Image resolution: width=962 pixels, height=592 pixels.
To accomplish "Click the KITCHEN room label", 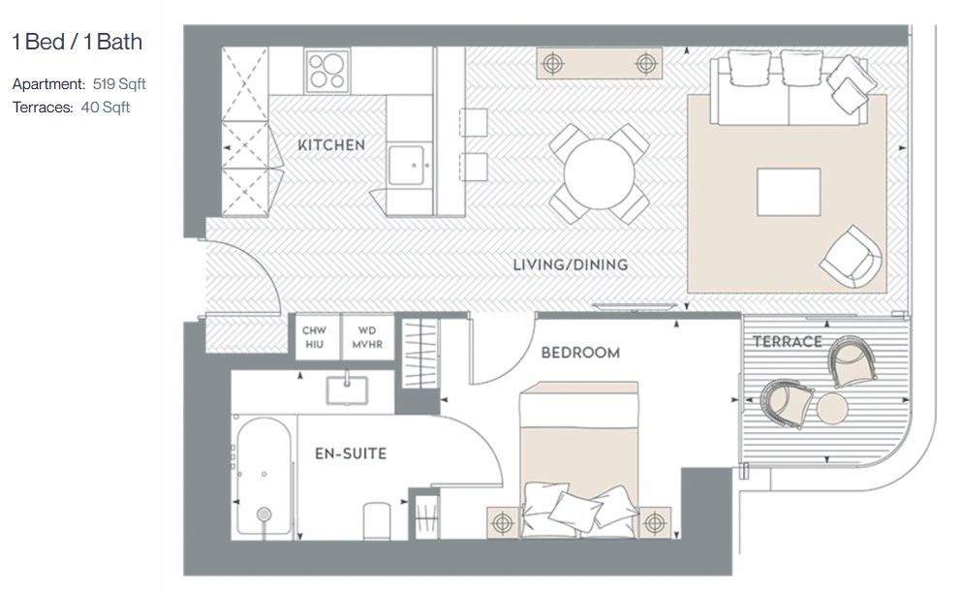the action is point(331,145).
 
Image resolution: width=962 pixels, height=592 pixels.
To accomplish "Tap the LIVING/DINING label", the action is point(571,265).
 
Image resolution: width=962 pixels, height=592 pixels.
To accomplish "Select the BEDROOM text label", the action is point(580,353).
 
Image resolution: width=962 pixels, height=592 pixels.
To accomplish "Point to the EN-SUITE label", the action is point(351,454).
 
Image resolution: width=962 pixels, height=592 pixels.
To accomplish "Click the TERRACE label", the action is point(788,342).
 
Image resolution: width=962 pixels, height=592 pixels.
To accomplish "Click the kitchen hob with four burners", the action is point(327,71).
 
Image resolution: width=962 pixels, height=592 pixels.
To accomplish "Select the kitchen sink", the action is point(406,165).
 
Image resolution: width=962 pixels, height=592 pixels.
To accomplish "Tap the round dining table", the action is point(599,174).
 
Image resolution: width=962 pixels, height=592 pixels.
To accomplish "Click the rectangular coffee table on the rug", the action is point(789,192).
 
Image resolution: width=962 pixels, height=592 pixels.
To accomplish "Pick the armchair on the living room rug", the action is point(851,257).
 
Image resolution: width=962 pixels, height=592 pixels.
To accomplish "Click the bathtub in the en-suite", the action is point(264,477).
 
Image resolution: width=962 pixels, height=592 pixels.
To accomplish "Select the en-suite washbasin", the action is point(347,390).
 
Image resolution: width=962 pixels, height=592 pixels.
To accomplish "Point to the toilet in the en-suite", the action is point(377,521).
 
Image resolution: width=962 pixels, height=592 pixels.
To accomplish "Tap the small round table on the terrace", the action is point(832,408).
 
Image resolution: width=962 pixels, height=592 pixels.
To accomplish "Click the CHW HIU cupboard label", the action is point(314,337).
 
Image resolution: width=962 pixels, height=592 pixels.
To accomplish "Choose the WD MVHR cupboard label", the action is point(367,337).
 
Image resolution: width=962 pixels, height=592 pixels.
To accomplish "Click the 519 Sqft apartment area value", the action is point(119,84).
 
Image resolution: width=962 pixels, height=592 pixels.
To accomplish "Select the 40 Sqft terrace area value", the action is point(105,108).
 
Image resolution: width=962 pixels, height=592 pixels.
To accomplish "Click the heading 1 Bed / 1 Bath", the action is point(78,42).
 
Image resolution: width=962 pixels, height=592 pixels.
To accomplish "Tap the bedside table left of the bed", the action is point(503,522).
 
